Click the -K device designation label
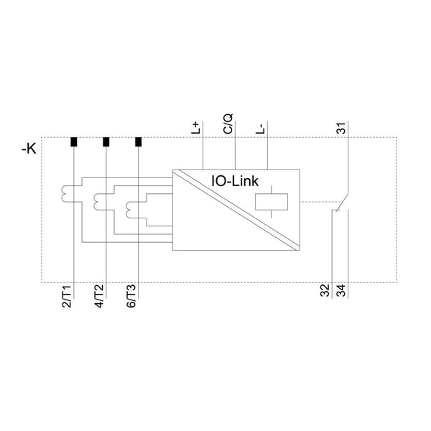tap(29, 149)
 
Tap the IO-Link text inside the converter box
tap(235, 181)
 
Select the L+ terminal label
tap(195, 128)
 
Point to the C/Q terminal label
tap(228, 124)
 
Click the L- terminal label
tap(260, 129)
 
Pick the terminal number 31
tap(341, 128)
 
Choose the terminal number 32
tap(325, 290)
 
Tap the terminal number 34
tap(341, 290)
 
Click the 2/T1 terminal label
tap(67, 296)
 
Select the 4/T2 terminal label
tap(99, 296)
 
